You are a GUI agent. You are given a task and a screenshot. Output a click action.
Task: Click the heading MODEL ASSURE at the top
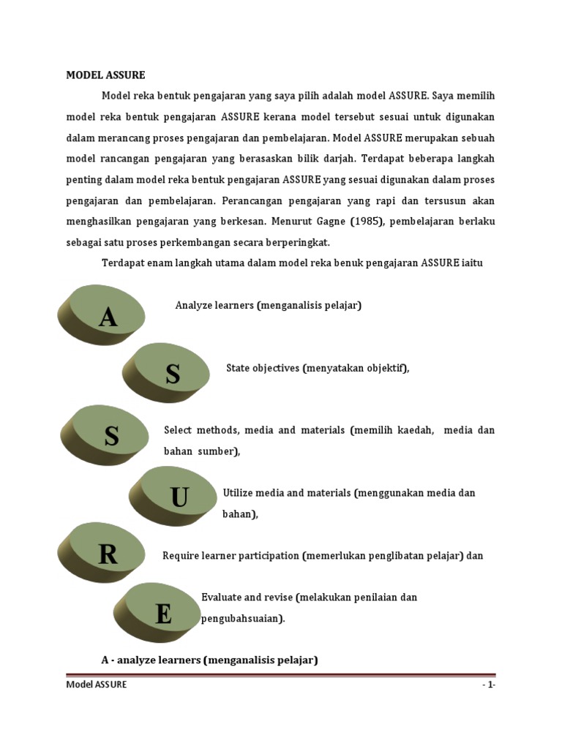pos(106,75)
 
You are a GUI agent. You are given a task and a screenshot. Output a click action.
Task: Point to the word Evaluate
pos(222,598)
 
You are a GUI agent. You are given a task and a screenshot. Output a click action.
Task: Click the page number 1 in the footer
pos(488,685)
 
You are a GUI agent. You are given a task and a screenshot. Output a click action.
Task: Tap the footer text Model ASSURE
pos(97,685)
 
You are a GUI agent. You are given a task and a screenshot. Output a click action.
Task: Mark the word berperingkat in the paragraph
pos(296,243)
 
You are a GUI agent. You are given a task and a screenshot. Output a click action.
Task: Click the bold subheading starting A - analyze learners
pos(209,660)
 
